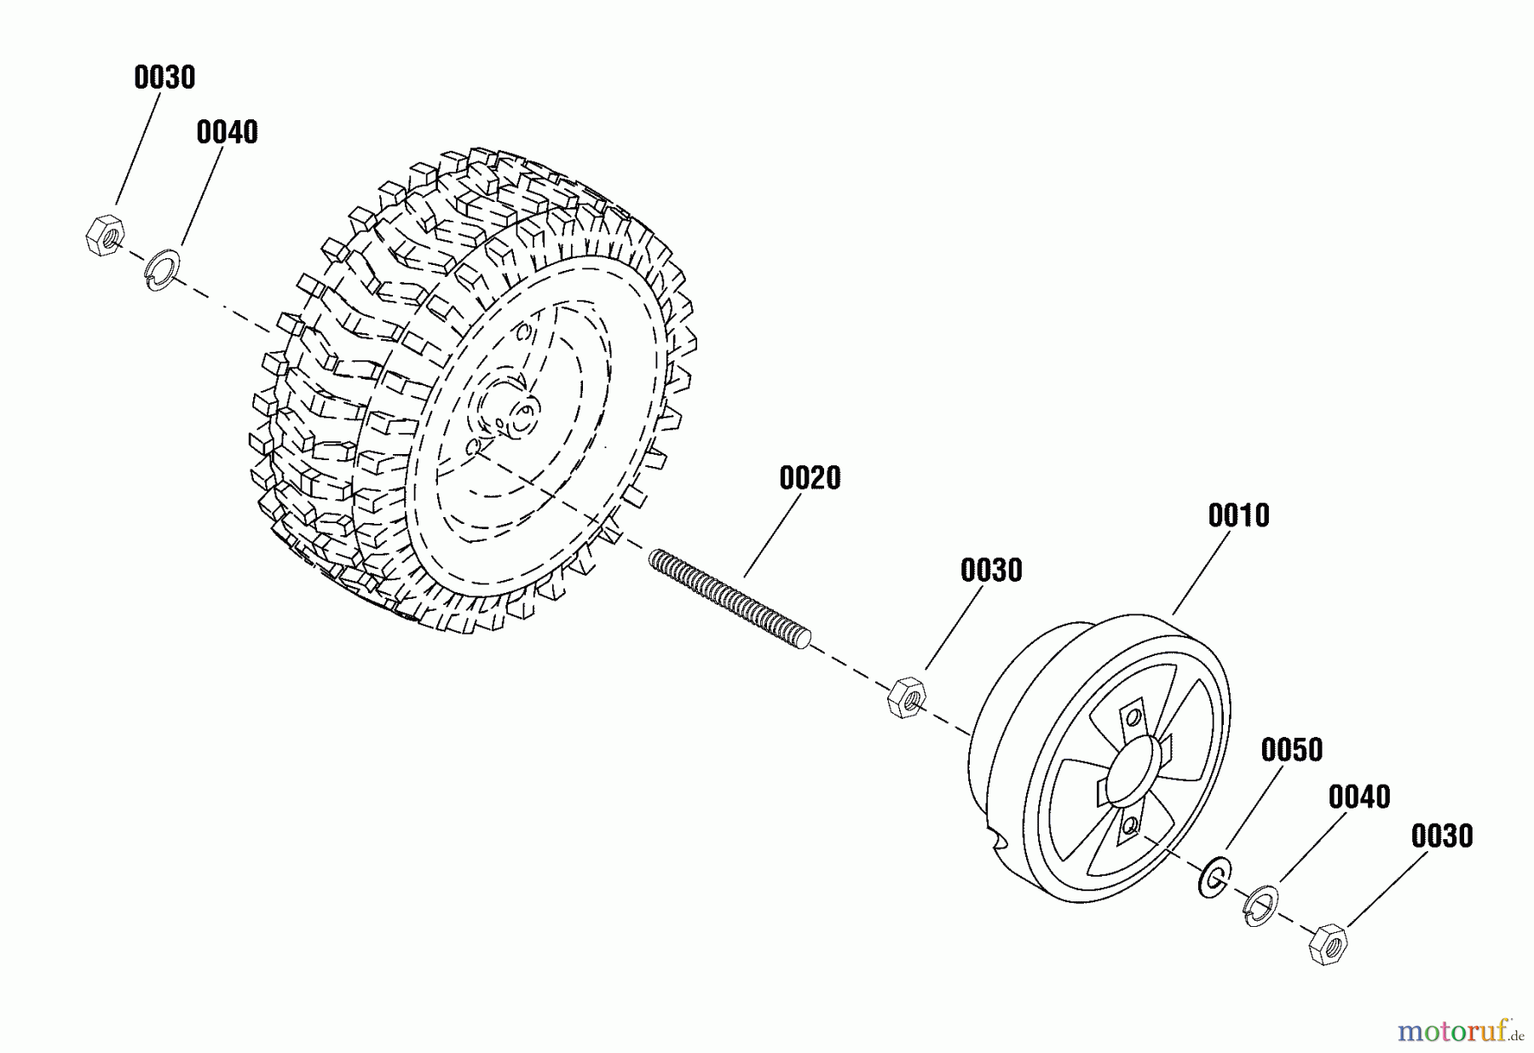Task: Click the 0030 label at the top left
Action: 164,78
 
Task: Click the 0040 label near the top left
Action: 227,133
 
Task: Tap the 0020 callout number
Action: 810,478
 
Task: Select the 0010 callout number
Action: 1238,515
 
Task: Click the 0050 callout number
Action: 1291,751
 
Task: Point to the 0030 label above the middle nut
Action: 990,570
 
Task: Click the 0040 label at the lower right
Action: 1359,797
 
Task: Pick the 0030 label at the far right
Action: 1442,836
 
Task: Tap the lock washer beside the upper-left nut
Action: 162,268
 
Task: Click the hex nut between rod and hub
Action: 906,697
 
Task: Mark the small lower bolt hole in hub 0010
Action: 1130,825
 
